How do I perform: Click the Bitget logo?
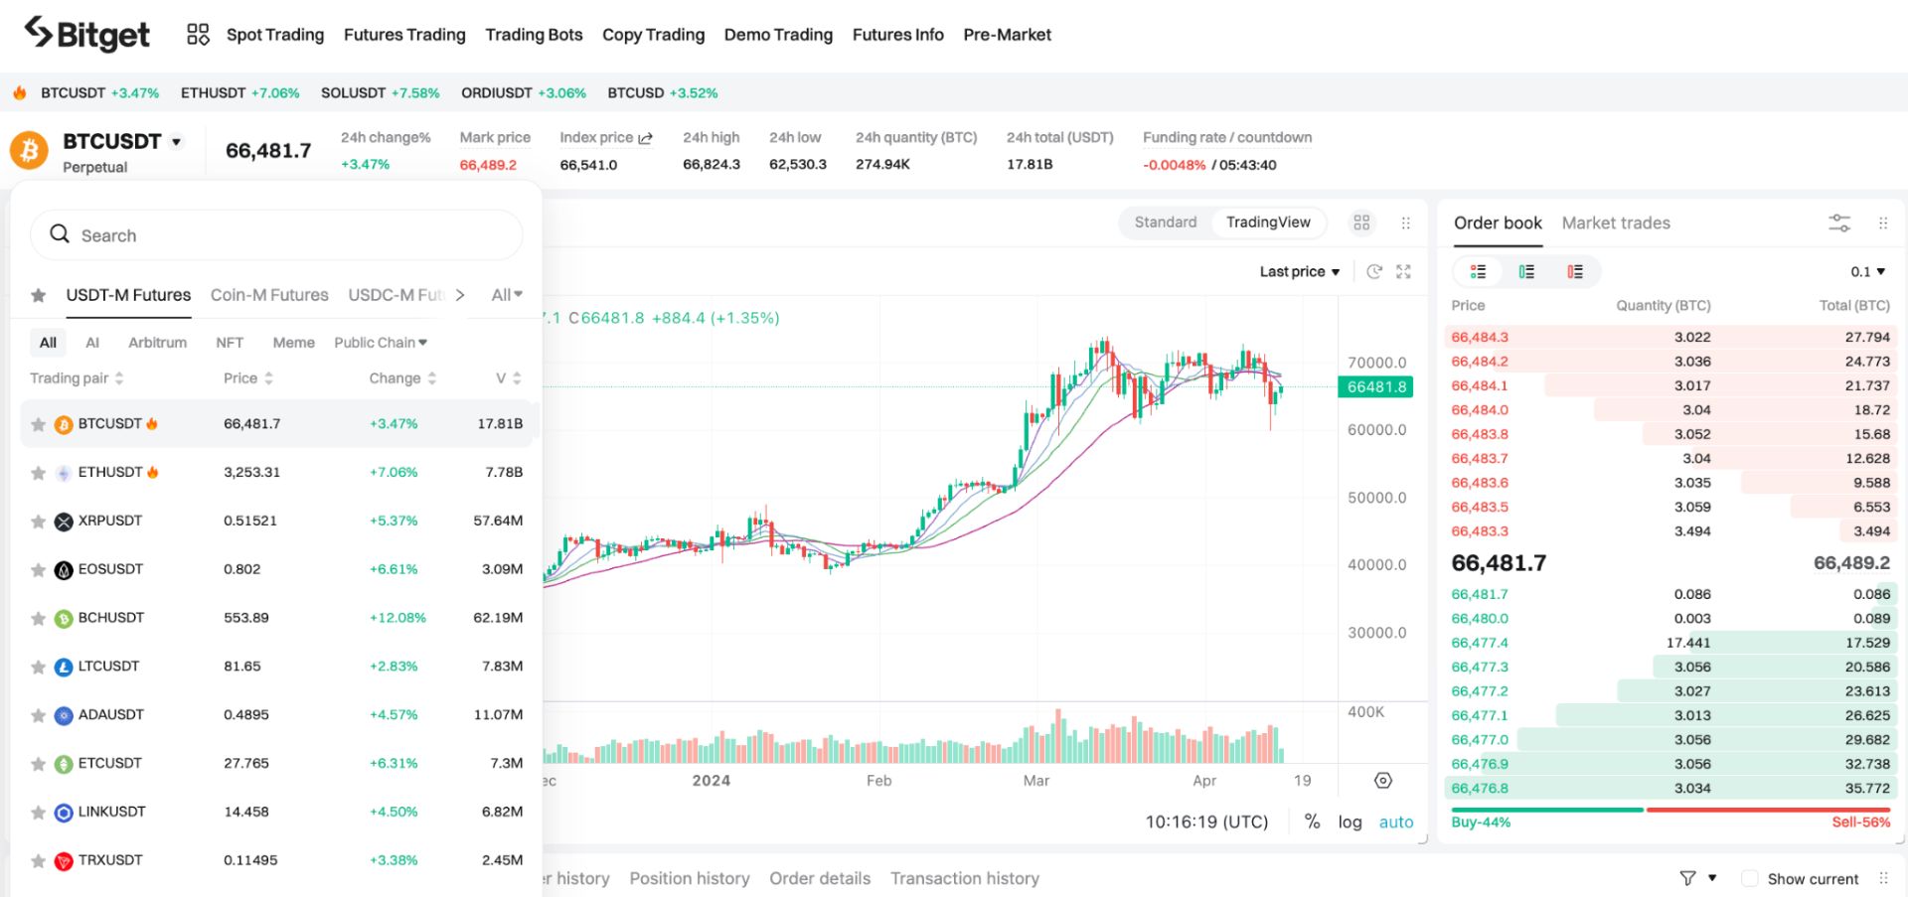pos(87,35)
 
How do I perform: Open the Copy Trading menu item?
pos(653,35)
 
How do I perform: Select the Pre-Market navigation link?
pos(1007,35)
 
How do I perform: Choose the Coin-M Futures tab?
pos(269,295)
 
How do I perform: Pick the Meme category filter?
pos(293,343)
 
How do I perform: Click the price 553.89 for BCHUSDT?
pos(246,618)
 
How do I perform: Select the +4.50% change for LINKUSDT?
pos(394,812)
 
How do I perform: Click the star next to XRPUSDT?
pos(38,522)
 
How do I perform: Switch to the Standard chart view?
pos(1165,223)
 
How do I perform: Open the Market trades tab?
pos(1615,224)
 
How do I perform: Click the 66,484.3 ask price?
pos(1479,338)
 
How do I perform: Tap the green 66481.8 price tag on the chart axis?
pos(1376,387)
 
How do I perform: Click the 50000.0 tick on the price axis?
pos(1376,498)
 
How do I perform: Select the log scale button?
pos(1350,822)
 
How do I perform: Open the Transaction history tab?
pos(964,878)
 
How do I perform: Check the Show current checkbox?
pos(1750,879)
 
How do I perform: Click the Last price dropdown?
pos(1299,272)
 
